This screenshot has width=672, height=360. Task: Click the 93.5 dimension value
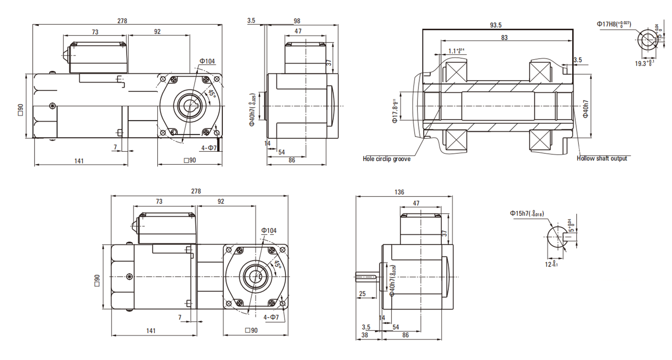pyautogui.click(x=495, y=25)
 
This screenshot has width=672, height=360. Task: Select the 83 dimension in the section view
pyautogui.click(x=504, y=38)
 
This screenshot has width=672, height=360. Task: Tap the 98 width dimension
pyautogui.click(x=297, y=21)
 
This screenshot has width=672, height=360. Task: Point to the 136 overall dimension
pyautogui.click(x=400, y=192)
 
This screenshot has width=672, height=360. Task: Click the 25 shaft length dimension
pyautogui.click(x=362, y=294)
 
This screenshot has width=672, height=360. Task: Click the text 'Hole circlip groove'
pyautogui.click(x=386, y=159)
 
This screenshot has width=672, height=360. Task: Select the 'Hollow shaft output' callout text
pyautogui.click(x=602, y=159)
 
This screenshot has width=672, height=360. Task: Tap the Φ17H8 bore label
pyautogui.click(x=613, y=23)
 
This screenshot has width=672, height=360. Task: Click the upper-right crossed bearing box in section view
pyautogui.click(x=540, y=72)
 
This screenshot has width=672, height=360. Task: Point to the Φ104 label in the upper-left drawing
pyautogui.click(x=207, y=61)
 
